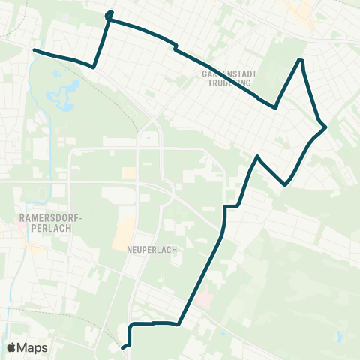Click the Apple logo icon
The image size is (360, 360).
tap(12, 347)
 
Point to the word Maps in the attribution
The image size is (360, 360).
tap(33, 347)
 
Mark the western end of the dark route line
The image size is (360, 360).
tap(34, 50)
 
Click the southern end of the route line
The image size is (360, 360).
tap(122, 347)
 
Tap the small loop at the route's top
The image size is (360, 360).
tap(109, 14)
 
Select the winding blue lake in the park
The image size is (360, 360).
tap(60, 94)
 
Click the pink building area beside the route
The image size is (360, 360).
tap(205, 298)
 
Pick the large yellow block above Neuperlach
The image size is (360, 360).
tap(125, 234)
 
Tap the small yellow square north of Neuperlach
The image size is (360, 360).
tap(129, 173)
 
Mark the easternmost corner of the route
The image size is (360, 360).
tap(326, 127)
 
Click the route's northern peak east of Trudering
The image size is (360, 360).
tap(301, 59)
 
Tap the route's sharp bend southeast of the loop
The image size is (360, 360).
tap(94, 67)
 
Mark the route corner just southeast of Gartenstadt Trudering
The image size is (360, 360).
tap(276, 108)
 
